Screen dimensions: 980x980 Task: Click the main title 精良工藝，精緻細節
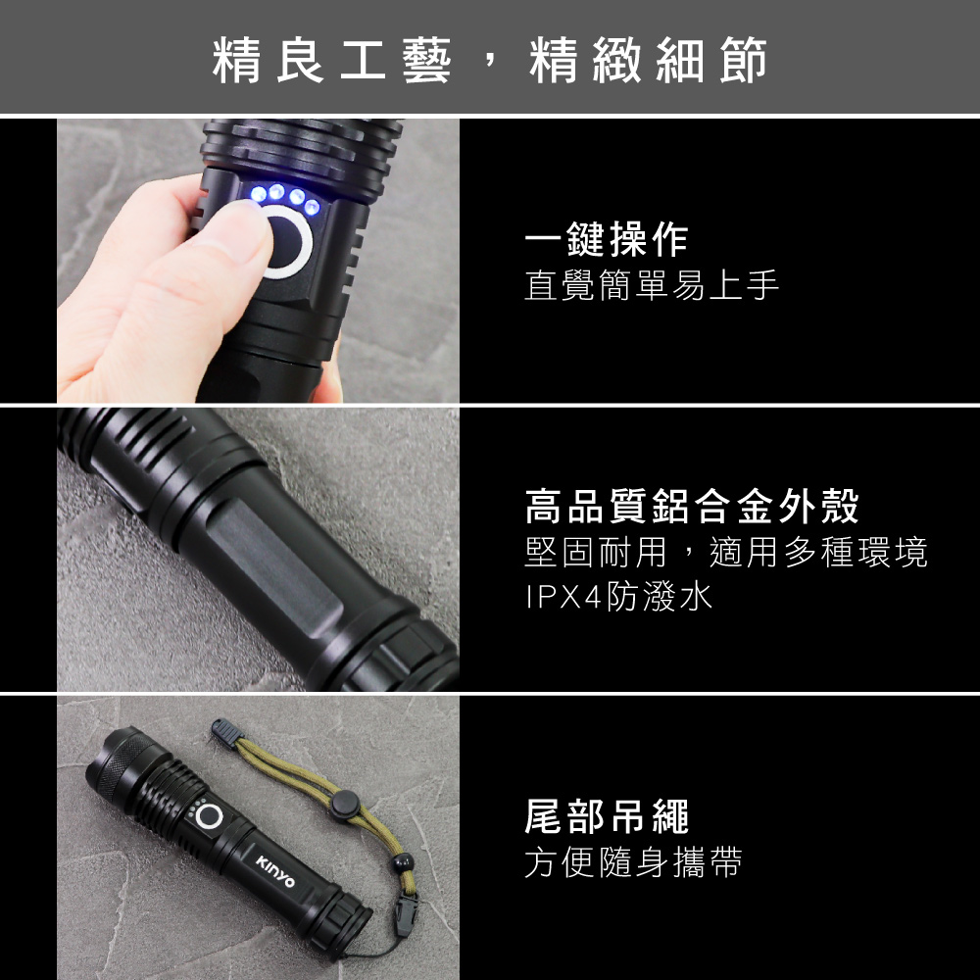pyautogui.click(x=489, y=60)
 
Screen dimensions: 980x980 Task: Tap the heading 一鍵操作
pyautogui.click(x=607, y=239)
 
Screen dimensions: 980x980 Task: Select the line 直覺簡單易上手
pyautogui.click(x=652, y=285)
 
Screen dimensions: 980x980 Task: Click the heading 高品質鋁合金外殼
pyautogui.click(x=692, y=506)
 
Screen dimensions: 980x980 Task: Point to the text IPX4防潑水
pyautogui.click(x=618, y=596)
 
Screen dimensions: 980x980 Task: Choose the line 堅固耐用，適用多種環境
pyautogui.click(x=725, y=552)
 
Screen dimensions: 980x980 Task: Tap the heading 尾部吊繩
pyautogui.click(x=607, y=816)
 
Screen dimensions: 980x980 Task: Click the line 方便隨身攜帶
pyautogui.click(x=633, y=862)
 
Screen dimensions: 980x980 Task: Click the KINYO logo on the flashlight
pyautogui.click(x=275, y=871)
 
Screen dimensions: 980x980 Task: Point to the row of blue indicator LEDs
pyautogui.click(x=285, y=198)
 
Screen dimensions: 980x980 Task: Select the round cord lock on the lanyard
pyautogui.click(x=345, y=805)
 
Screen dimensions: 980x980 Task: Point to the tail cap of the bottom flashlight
pyautogui.click(x=343, y=918)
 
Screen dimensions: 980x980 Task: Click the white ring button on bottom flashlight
pyautogui.click(x=209, y=816)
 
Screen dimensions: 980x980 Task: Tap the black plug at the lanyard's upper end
pyautogui.click(x=226, y=732)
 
